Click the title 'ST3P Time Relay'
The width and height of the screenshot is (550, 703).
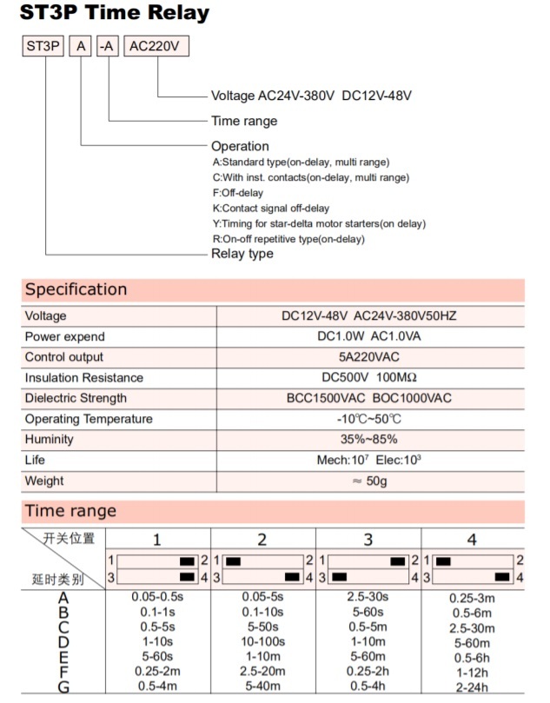click(116, 14)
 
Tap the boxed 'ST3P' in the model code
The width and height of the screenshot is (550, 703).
click(43, 47)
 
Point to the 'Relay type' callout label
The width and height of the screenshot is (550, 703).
click(242, 254)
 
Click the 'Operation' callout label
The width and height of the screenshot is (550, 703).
click(240, 146)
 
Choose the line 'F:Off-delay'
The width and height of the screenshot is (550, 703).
click(237, 193)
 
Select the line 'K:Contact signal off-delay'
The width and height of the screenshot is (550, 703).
click(270, 209)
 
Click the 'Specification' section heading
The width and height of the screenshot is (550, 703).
click(76, 289)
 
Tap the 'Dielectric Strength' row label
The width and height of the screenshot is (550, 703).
click(76, 398)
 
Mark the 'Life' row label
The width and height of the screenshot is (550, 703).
click(35, 460)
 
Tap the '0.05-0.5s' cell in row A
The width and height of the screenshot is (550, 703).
click(157, 597)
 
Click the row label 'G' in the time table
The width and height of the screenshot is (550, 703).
click(63, 686)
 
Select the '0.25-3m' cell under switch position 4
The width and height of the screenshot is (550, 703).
click(472, 598)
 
